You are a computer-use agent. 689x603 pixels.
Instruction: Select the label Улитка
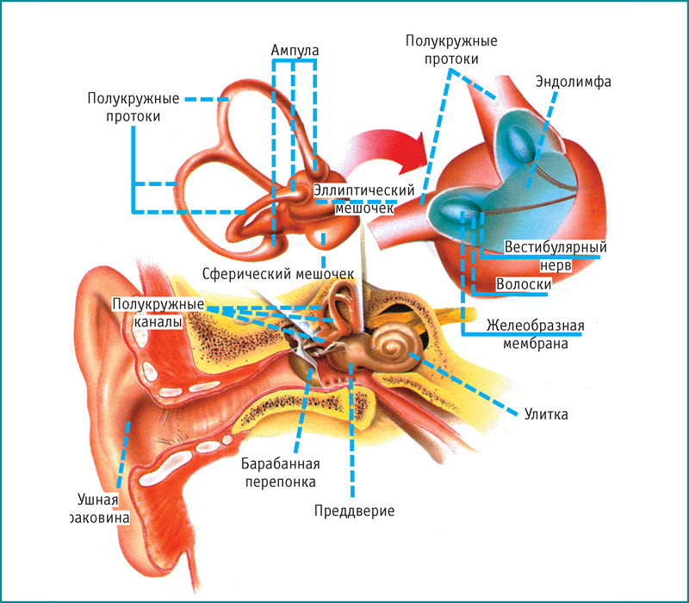pyautogui.click(x=546, y=414)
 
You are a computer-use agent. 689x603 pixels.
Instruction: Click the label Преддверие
pyautogui.click(x=354, y=511)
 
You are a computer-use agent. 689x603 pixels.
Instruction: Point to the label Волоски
pyautogui.click(x=525, y=283)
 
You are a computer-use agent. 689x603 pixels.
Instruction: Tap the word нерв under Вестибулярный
pyautogui.click(x=555, y=264)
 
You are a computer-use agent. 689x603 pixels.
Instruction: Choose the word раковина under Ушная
pyautogui.click(x=102, y=519)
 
